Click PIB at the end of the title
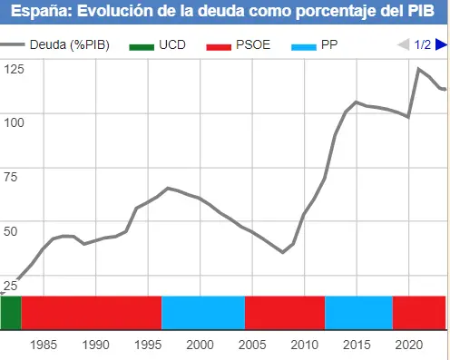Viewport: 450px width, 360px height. click(x=422, y=11)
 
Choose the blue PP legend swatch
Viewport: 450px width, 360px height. click(x=304, y=45)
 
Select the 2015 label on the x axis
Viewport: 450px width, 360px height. click(x=356, y=345)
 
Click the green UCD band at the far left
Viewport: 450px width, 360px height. click(x=11, y=313)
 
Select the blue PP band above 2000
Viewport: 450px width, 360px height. click(x=203, y=313)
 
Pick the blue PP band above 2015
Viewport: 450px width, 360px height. click(x=358, y=313)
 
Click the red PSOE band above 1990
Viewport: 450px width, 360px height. click(x=91, y=313)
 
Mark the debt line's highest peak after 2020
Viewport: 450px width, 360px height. click(x=418, y=69)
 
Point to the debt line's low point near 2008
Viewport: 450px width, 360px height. click(x=283, y=252)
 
